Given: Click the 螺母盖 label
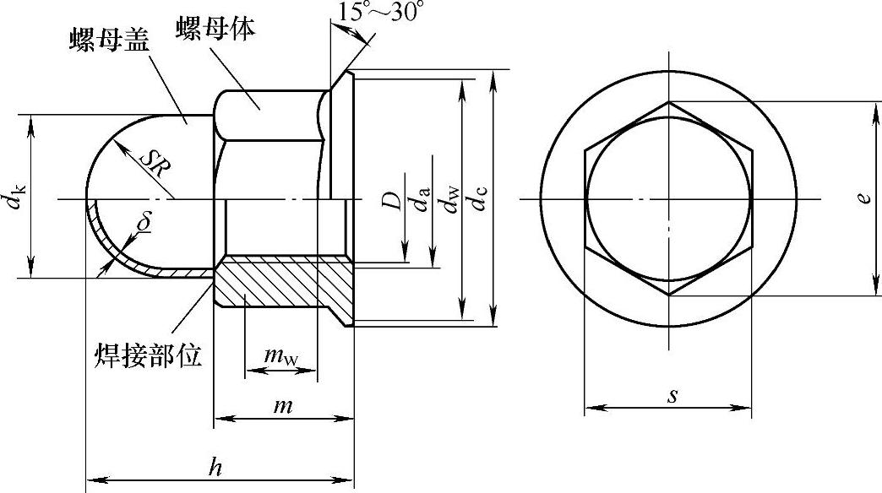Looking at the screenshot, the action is pos(109,40).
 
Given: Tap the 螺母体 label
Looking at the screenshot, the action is pos(215,28).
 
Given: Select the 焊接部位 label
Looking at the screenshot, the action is pos(148,355).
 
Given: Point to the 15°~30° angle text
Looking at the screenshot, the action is pos(381,11).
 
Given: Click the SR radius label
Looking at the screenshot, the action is pos(155,164).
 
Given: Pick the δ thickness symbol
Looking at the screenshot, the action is pos(144,223).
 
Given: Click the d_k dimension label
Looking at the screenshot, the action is pos(15,199).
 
